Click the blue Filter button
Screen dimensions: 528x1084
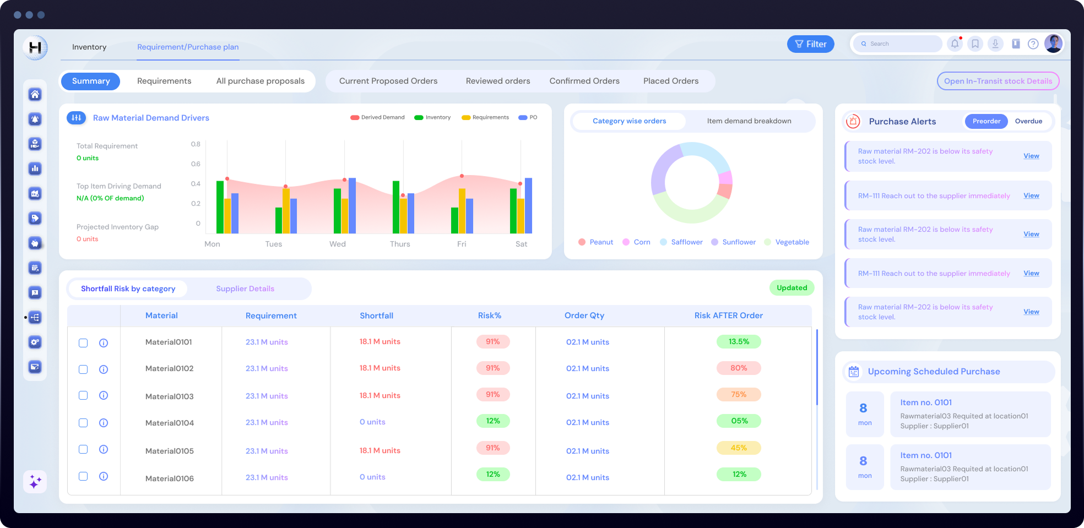pos(810,44)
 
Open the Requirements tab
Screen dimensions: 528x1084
pos(164,81)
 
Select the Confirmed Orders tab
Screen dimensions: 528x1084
pos(584,81)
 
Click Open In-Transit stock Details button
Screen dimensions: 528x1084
pos(998,81)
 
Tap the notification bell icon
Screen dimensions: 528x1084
pos(955,44)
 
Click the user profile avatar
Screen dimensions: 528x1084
pos(1053,43)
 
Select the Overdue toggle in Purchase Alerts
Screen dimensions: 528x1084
pos(1028,121)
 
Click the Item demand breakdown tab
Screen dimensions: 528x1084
pos(749,121)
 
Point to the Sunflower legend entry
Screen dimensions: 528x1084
pos(738,242)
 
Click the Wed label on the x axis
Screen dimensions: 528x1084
pos(337,244)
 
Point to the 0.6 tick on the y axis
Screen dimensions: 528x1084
pos(196,164)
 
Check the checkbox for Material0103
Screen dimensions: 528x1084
pos(83,395)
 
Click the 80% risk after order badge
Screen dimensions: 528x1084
pos(738,368)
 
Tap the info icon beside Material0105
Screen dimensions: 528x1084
pos(104,449)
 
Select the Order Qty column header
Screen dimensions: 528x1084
pos(584,315)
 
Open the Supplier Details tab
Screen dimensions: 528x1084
pos(245,289)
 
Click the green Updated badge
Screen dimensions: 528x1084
pos(792,288)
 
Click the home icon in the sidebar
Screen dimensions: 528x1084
pos(35,95)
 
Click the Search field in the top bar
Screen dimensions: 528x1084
pos(901,44)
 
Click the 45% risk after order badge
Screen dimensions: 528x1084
pos(738,448)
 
